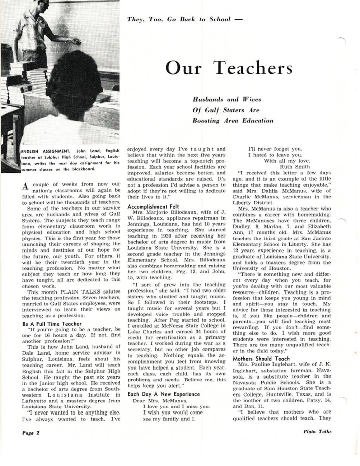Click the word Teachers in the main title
tap(253, 68)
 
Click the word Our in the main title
tap(183, 68)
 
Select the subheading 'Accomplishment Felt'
tap(153, 207)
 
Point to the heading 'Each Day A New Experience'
tap(163, 394)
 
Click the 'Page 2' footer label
tap(31, 432)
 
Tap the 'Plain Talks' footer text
tap(317, 431)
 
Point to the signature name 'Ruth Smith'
tap(295, 167)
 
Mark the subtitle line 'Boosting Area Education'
tap(233, 121)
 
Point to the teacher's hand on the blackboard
tap(77, 41)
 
